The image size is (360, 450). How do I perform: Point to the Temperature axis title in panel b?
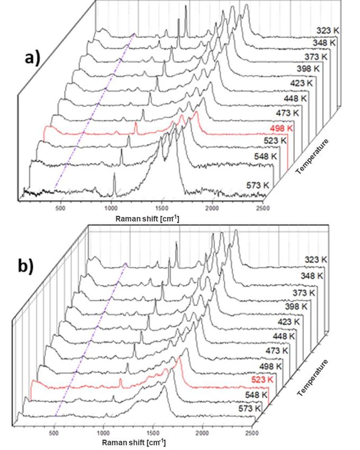(x=312, y=377)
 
